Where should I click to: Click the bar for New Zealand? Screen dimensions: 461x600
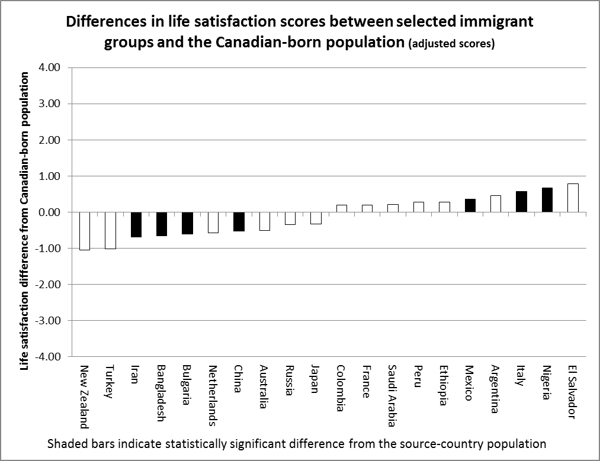coord(85,231)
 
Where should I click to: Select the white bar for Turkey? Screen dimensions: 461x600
coord(110,230)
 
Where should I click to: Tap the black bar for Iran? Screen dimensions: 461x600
coord(136,224)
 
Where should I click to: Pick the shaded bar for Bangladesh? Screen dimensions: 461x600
coord(162,224)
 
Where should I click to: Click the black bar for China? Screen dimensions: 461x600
coord(239,221)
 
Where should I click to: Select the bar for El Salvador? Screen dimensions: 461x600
coord(573,198)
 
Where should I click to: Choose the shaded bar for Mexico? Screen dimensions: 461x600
coord(470,205)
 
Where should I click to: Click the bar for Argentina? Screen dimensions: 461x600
coord(496,204)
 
